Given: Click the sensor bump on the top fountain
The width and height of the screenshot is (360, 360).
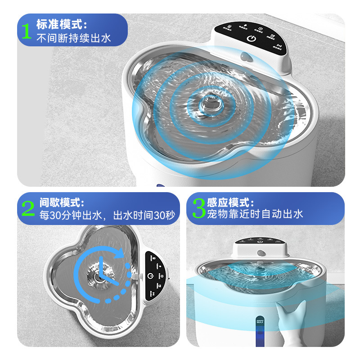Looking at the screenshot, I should [x=246, y=57].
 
